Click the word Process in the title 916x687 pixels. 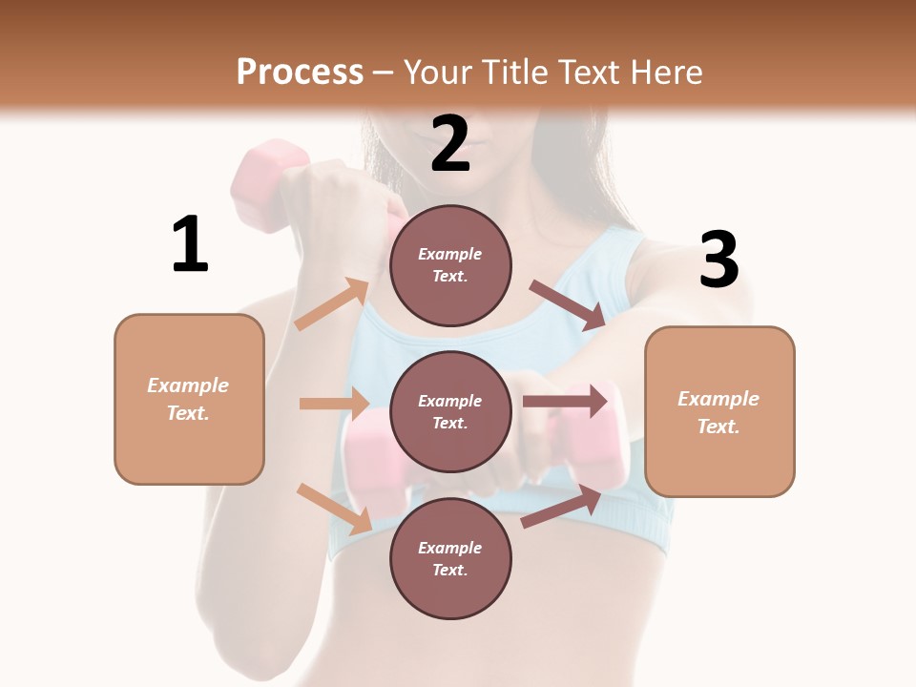pyautogui.click(x=300, y=72)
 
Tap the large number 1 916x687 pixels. pyautogui.click(x=190, y=244)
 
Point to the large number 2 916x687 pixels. pyautogui.click(x=450, y=144)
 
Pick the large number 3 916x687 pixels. pyautogui.click(x=718, y=260)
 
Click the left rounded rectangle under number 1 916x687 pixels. pyautogui.click(x=189, y=399)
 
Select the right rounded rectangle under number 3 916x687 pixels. pyautogui.click(x=719, y=411)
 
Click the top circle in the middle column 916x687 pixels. pyautogui.click(x=450, y=265)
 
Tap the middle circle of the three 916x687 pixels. pyautogui.click(x=450, y=411)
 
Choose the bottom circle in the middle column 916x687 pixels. pyautogui.click(x=450, y=558)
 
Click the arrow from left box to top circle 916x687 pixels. pyautogui.click(x=332, y=304)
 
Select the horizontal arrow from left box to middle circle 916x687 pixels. pyautogui.click(x=334, y=404)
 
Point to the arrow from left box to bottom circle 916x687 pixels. pyautogui.click(x=334, y=509)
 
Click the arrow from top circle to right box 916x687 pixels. pyautogui.click(x=567, y=305)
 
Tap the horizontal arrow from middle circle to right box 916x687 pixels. pyautogui.click(x=565, y=401)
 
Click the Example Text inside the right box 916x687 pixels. pyautogui.click(x=718, y=412)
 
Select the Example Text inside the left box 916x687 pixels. pyautogui.click(x=188, y=399)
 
